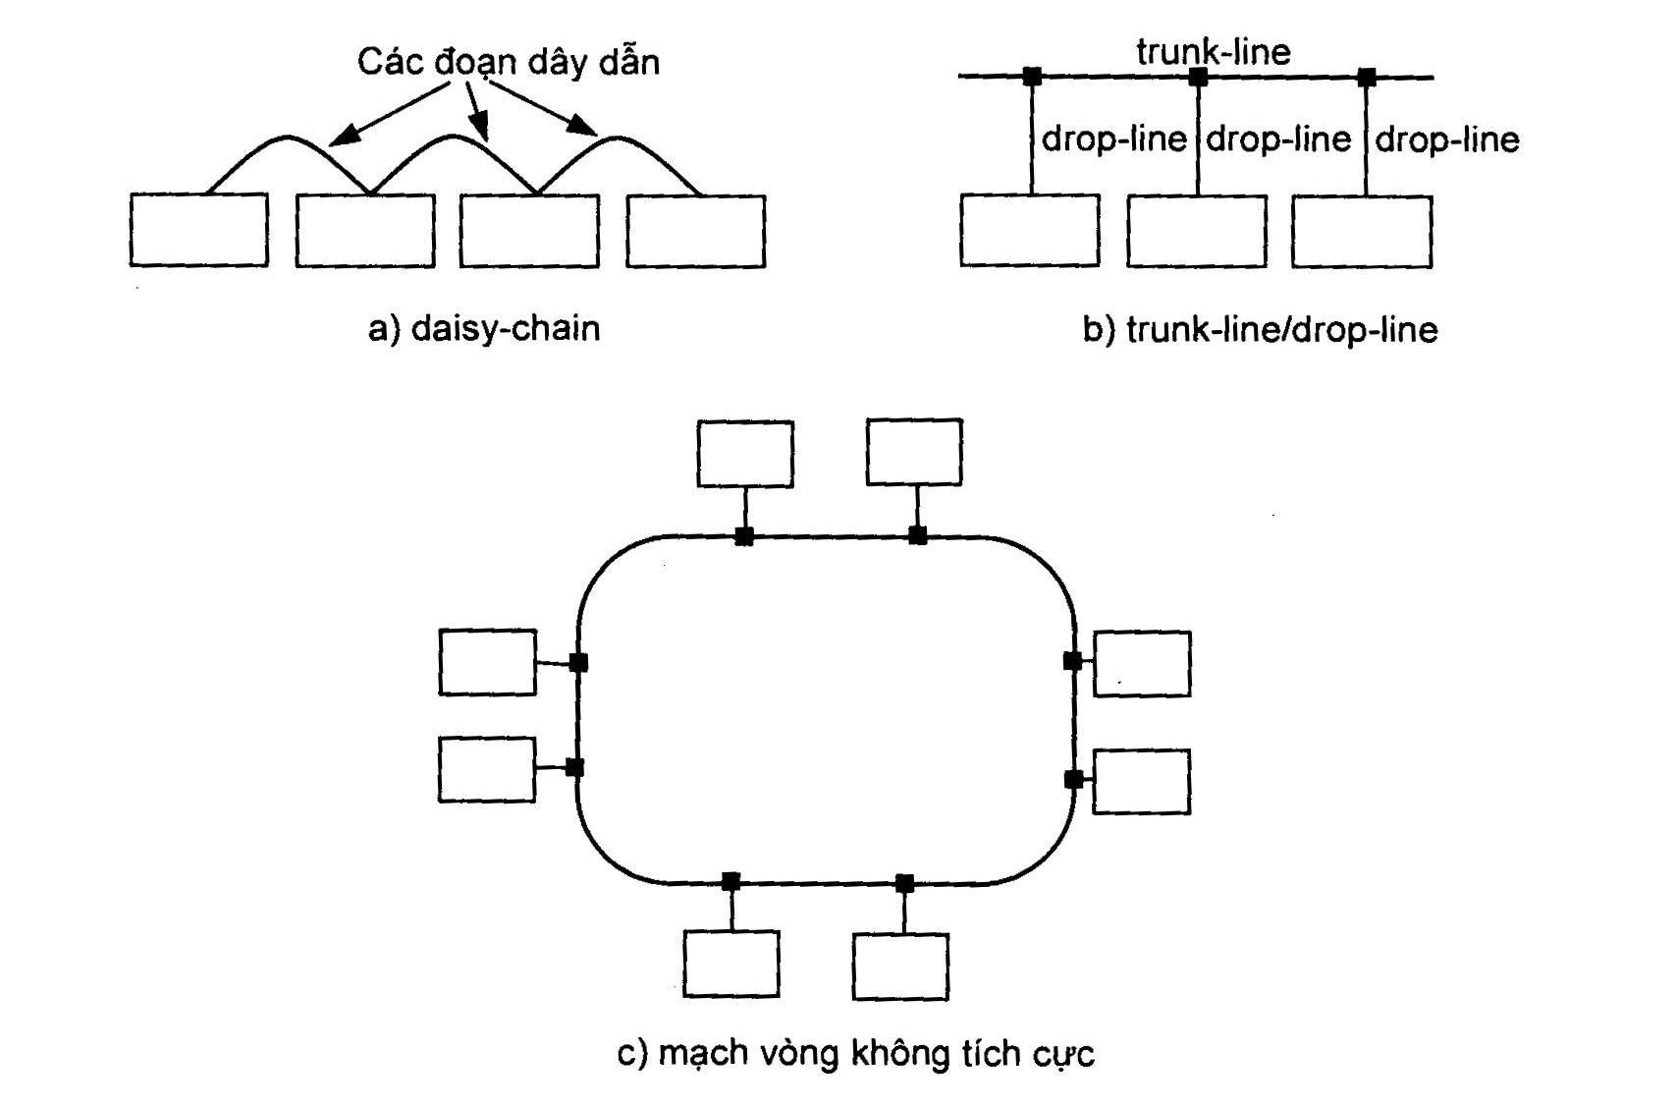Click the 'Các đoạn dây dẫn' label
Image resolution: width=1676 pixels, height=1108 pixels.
[508, 62]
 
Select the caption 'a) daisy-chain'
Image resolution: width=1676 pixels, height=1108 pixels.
[484, 327]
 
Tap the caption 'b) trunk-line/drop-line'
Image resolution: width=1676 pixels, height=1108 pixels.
[1260, 329]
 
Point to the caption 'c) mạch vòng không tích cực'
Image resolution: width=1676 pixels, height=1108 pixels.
[855, 1053]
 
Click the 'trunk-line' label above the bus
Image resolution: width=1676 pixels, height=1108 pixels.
[1214, 51]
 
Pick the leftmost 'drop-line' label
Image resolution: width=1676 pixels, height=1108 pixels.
[1114, 138]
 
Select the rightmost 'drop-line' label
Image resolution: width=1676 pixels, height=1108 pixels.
[1447, 139]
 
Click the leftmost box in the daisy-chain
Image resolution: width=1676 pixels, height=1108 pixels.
[198, 230]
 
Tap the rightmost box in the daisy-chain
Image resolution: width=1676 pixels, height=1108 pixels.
[695, 231]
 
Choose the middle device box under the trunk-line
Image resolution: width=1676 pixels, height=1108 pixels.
[1197, 231]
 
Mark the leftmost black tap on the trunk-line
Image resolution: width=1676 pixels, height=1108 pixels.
[1032, 77]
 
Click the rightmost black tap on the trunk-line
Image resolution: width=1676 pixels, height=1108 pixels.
[1366, 77]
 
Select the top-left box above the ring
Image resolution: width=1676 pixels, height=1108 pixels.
[745, 454]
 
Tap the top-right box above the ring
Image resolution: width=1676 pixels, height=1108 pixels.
[914, 452]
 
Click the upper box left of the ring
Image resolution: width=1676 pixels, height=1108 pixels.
[488, 662]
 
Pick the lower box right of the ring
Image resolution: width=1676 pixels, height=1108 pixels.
[1141, 782]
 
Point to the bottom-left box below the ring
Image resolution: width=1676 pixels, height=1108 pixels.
[731, 964]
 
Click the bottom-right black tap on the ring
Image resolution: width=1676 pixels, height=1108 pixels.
[904, 883]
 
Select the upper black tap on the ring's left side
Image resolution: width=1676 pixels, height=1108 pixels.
[578, 662]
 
